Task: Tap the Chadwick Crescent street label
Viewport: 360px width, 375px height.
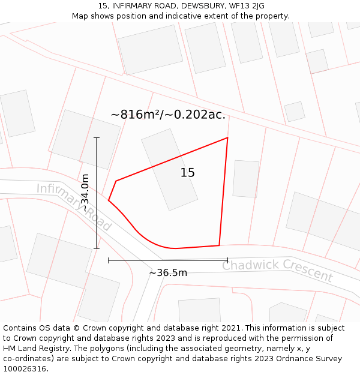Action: pos(277,271)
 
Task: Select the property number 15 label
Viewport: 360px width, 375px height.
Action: pos(187,173)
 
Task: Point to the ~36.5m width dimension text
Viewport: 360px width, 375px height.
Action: pos(168,272)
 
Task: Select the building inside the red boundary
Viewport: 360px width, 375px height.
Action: pos(169,169)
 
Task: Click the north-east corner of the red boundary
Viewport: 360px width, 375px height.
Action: pos(227,138)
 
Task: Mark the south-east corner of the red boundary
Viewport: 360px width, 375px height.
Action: pos(219,245)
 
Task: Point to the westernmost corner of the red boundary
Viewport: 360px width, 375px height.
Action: pos(109,200)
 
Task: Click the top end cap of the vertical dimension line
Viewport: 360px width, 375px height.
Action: pos(97,138)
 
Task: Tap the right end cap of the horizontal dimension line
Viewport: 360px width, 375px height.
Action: pos(228,260)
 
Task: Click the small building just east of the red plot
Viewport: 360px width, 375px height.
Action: pos(245,178)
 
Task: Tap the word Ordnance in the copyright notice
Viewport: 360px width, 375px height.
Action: pos(304,358)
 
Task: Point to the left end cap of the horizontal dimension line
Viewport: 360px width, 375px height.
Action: pos(109,260)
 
